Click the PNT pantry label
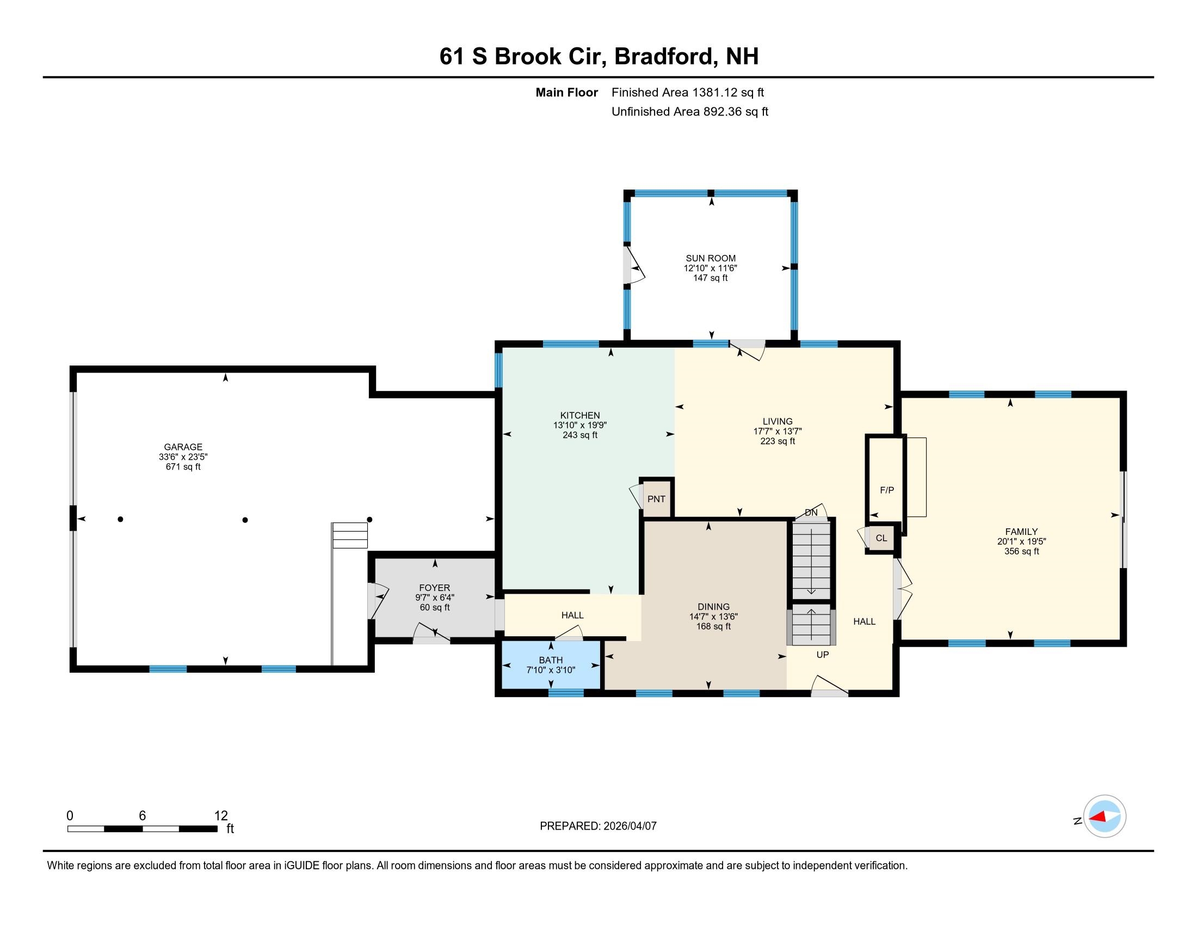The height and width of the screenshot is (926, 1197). (x=656, y=498)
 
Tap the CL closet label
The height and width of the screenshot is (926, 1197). (x=881, y=538)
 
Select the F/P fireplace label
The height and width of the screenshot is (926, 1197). (x=886, y=490)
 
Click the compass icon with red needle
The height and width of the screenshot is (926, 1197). (x=1104, y=817)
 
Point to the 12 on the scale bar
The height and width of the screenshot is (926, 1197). (x=221, y=815)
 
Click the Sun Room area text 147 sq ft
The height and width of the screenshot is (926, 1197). (x=709, y=278)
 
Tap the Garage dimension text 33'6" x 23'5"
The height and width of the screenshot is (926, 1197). (x=183, y=457)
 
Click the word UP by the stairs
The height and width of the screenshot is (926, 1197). (x=822, y=654)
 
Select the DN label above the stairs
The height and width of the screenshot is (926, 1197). (x=811, y=513)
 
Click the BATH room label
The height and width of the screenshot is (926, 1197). (x=550, y=660)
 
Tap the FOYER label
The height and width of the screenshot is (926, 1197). (x=434, y=588)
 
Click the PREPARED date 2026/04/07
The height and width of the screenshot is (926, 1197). (x=629, y=826)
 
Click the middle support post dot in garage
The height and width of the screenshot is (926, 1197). (x=245, y=520)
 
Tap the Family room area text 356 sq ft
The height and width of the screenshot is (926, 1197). (x=1021, y=551)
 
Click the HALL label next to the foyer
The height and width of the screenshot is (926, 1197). (x=572, y=615)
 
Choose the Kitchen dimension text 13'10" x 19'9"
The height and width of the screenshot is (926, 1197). (x=580, y=425)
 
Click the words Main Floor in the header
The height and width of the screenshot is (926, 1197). (x=566, y=93)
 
